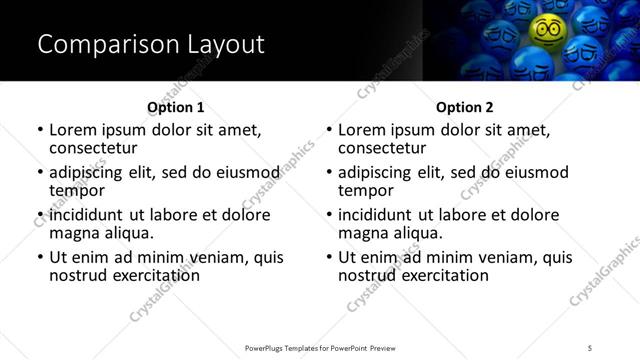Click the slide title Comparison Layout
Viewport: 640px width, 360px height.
point(151,44)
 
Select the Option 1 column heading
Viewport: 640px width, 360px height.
point(175,107)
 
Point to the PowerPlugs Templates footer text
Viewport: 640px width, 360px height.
point(320,347)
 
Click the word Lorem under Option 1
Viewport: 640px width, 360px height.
point(76,130)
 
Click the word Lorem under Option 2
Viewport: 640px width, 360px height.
point(365,130)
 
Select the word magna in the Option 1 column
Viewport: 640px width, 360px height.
point(73,233)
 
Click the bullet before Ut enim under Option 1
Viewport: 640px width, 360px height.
point(40,257)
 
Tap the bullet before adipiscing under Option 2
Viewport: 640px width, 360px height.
point(329,172)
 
